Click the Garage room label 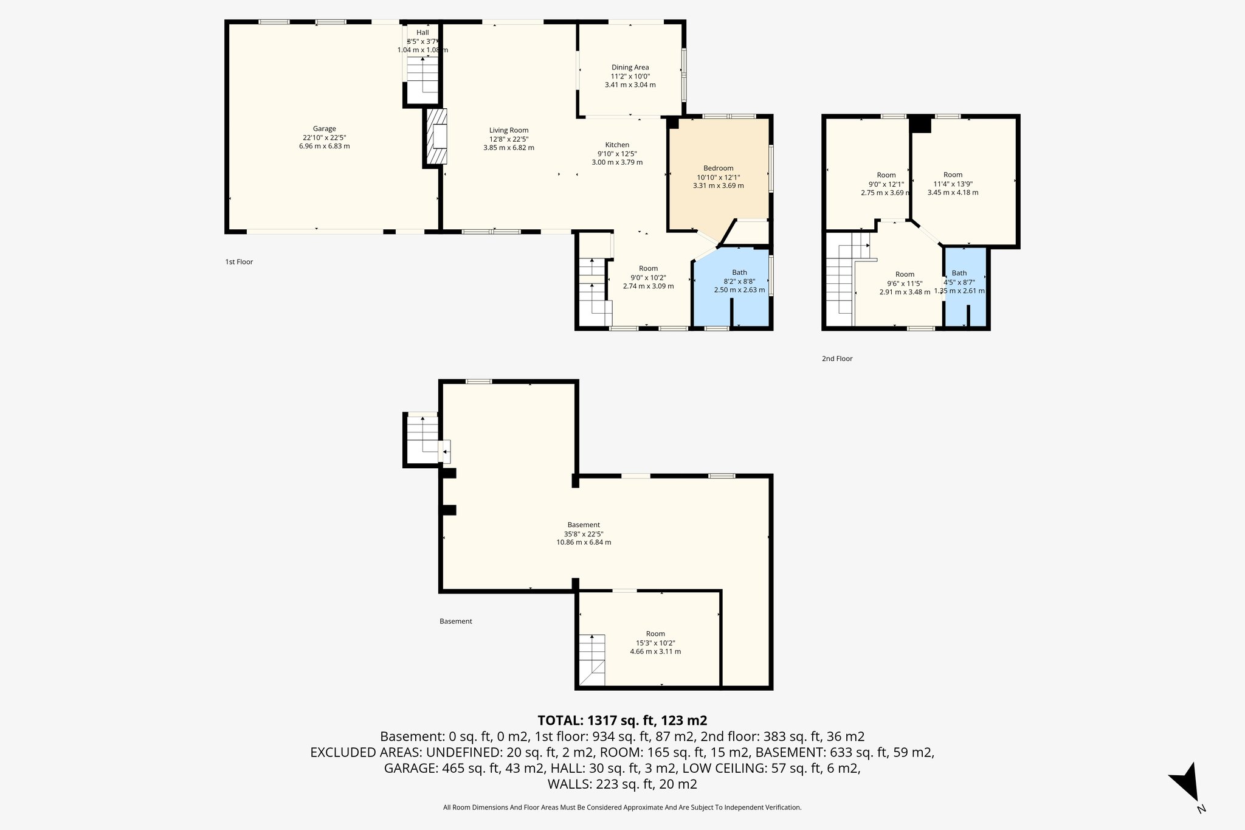point(324,129)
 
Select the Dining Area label point(630,67)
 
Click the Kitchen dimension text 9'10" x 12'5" point(616,154)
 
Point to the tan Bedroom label point(718,168)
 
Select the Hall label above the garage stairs point(422,32)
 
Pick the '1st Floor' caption point(239,262)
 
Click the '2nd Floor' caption point(837,359)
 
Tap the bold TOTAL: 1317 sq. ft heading point(622,721)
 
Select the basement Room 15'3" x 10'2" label point(655,634)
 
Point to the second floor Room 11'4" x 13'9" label point(953,175)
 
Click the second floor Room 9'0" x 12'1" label point(886,175)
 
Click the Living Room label point(509,130)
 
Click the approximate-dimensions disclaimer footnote point(622,808)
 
